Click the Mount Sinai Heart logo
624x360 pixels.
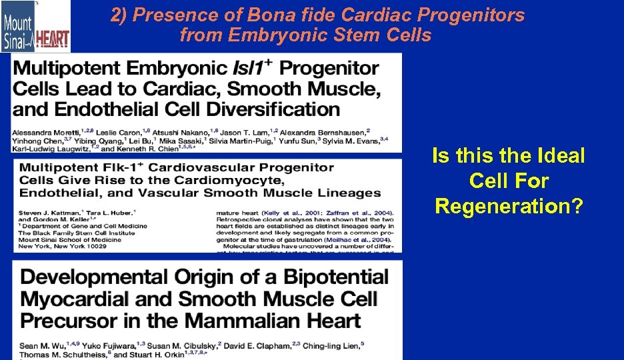click(35, 27)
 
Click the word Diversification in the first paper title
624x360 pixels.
click(265, 109)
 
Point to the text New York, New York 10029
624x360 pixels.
click(63, 247)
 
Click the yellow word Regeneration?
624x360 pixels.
click(509, 206)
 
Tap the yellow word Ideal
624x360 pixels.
click(560, 156)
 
